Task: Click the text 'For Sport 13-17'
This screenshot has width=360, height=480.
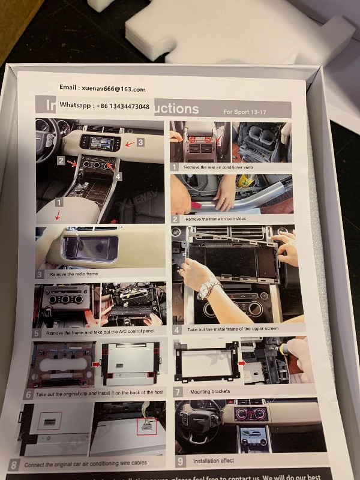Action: click(246, 112)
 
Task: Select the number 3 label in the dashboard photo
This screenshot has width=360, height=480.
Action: click(140, 142)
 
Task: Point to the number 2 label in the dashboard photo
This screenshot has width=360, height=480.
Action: click(61, 161)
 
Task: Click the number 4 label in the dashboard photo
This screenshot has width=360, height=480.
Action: click(118, 176)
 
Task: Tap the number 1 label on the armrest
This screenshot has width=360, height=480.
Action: click(58, 203)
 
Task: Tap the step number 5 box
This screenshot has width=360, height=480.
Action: click(37, 332)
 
